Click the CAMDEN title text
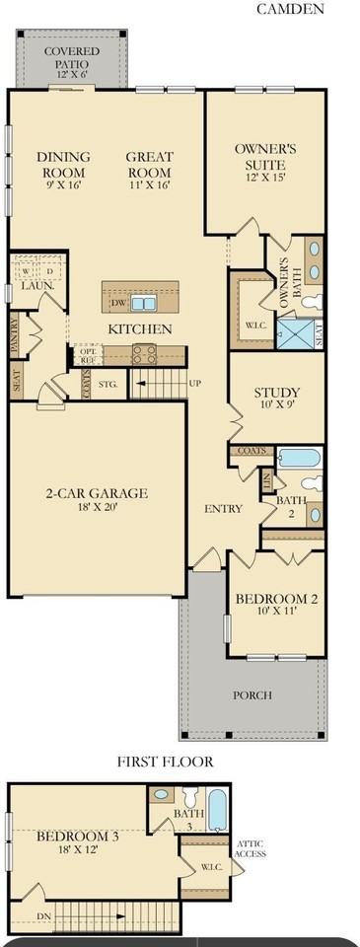click(x=291, y=9)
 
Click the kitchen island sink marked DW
click(x=143, y=304)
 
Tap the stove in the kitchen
click(x=145, y=354)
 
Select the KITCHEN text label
click(x=140, y=328)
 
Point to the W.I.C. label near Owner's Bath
click(x=252, y=326)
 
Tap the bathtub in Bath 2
click(x=299, y=458)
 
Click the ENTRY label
click(x=223, y=509)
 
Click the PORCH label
click(x=252, y=695)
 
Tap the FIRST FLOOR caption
click(x=165, y=762)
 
